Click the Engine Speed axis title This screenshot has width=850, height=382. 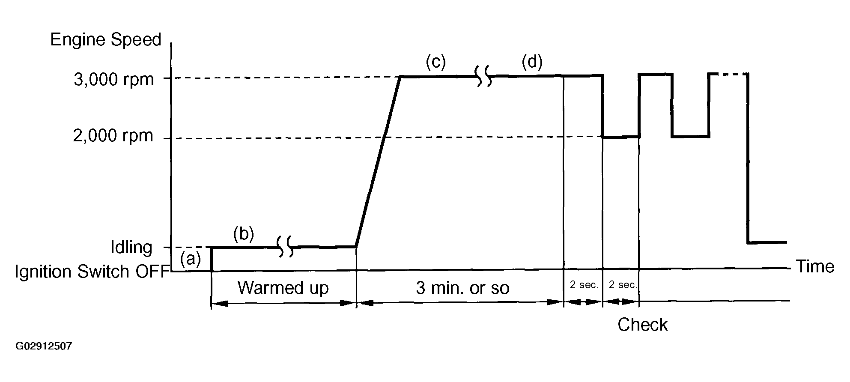tap(106, 40)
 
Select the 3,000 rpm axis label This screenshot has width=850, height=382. tap(113, 80)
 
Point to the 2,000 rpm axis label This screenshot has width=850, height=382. tap(113, 136)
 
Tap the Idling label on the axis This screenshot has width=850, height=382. tap(131, 248)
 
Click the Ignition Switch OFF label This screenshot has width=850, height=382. tap(90, 272)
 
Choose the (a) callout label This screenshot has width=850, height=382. tap(190, 259)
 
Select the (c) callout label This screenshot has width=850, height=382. tap(435, 62)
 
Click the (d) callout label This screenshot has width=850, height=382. tap(532, 62)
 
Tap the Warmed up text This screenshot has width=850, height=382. tap(283, 288)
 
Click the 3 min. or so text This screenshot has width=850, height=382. tap(462, 288)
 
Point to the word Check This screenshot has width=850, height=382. tap(642, 325)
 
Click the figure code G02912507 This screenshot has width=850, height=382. tap(44, 346)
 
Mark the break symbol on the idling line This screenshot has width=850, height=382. tap(286, 247)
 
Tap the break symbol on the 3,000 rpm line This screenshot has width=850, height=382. tap(484, 76)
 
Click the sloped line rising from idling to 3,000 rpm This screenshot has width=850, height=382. tap(378, 162)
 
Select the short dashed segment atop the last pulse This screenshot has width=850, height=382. tap(729, 75)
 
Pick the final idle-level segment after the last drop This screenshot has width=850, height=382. tap(767, 242)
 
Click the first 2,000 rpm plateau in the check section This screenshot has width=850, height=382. tap(621, 137)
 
